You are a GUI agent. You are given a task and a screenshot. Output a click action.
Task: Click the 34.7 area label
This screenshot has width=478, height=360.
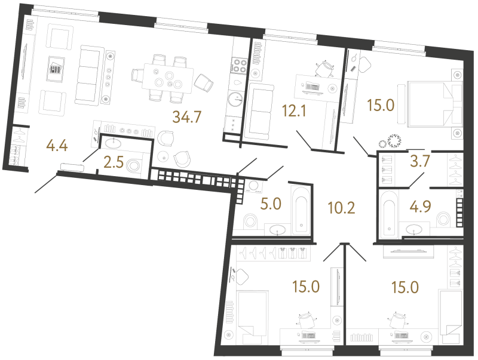pyautogui.click(x=187, y=116)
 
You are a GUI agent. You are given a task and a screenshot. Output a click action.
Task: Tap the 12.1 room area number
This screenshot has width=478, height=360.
pyautogui.click(x=294, y=111)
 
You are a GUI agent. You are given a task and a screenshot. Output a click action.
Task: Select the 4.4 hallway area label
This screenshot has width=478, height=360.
pyautogui.click(x=57, y=146)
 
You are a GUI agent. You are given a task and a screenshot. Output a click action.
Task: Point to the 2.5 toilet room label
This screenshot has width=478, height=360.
pyautogui.click(x=114, y=162)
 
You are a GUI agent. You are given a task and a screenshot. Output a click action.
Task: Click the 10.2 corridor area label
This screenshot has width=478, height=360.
pyautogui.click(x=341, y=208)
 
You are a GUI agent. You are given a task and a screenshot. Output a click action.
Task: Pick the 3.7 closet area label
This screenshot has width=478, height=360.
pyautogui.click(x=420, y=161)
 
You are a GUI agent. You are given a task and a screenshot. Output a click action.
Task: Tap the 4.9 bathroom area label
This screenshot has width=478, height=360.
pyautogui.click(x=420, y=207)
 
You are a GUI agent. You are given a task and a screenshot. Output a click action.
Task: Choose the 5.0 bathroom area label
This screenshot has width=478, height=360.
pyautogui.click(x=271, y=204)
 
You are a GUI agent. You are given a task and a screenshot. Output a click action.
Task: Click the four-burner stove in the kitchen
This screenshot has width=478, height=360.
pyautogui.click(x=239, y=66)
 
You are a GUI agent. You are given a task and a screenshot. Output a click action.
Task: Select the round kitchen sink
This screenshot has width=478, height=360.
pyautogui.click(x=235, y=99)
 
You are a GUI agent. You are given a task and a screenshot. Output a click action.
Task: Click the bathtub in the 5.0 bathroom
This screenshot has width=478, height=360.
pyautogui.click(x=301, y=211)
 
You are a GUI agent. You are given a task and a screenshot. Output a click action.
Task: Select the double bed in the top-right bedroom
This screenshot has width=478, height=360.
pyautogui.click(x=430, y=103)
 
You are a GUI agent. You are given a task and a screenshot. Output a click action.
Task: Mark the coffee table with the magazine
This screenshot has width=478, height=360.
pyautogui.click(x=56, y=69)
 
